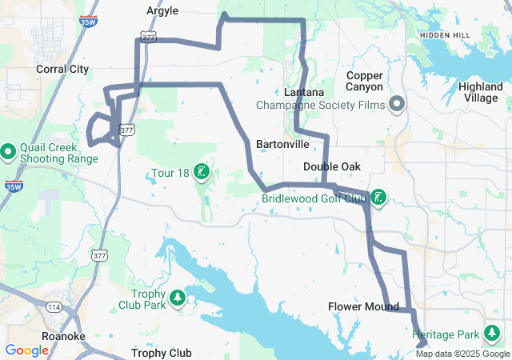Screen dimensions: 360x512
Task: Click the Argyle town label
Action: coord(162,11)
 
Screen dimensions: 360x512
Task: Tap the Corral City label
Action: coord(62,70)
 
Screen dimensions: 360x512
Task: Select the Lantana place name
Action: coord(304,92)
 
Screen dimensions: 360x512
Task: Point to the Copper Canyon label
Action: coord(365,81)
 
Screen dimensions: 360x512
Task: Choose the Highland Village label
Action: coord(480,91)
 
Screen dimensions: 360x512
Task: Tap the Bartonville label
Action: coord(282,145)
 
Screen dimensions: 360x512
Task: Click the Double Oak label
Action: coord(331,166)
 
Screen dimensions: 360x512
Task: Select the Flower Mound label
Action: coord(363,307)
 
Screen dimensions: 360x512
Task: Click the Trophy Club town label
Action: coord(161,353)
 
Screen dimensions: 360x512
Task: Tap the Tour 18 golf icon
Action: coord(202,171)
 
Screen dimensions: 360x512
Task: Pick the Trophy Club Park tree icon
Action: coord(177,299)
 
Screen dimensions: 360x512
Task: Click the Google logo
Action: coord(27,350)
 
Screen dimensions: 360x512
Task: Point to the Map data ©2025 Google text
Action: coord(461,354)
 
